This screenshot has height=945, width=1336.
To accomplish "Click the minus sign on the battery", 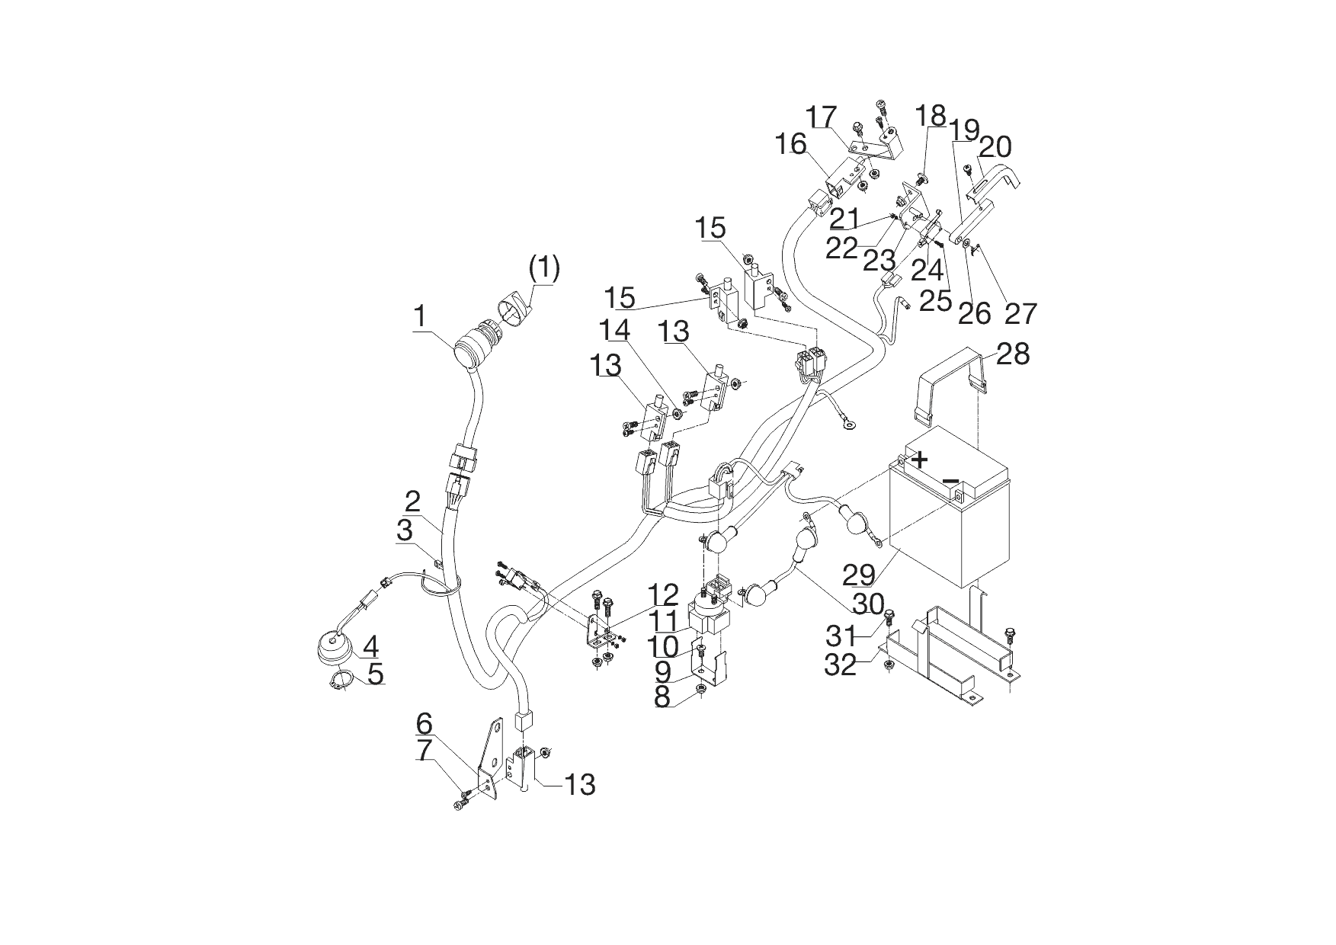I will pos(950,480).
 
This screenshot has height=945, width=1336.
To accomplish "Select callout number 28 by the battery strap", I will pos(1013,354).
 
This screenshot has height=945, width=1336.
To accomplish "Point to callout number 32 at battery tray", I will pos(841,665).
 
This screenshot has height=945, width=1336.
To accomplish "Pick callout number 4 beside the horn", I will pos(370,647).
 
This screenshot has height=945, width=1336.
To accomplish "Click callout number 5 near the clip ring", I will pos(374,674).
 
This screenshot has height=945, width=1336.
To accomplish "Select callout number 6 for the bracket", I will pos(424,722).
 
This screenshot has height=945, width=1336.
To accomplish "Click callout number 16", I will pos(790,143).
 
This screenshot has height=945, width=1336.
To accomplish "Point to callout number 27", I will pos(1020,312).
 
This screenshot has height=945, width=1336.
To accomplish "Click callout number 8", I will pos(662,697).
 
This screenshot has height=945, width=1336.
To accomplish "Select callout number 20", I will pos(995,146).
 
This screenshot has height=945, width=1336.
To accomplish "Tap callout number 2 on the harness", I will pos(412,501).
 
